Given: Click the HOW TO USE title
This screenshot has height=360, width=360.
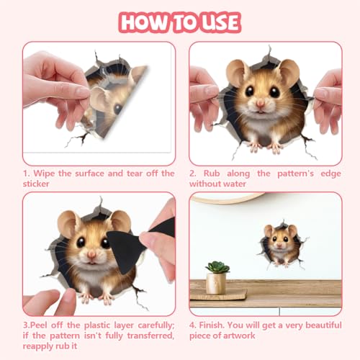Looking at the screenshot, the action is pos(180,22).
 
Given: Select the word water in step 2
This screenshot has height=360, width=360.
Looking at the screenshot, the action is pos(235,184).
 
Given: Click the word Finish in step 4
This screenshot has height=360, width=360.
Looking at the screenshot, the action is pos(212,325).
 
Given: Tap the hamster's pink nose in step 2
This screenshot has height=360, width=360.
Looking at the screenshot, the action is pos(261,104).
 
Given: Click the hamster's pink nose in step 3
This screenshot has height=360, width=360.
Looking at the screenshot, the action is pos(91,254).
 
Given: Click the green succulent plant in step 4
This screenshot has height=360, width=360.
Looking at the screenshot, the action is pos(217,267).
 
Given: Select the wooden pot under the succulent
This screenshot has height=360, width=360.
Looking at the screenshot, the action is pos(216,284).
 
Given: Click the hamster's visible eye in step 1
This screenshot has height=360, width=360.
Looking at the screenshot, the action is pos(117,109).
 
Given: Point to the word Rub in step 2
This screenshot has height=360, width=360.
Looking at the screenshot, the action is pos(212,174).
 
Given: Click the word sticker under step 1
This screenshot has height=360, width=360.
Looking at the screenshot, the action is pos(36,184).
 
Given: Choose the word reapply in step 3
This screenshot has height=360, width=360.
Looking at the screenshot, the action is pos(38,346).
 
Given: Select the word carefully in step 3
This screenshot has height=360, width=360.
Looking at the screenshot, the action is pos(156,325).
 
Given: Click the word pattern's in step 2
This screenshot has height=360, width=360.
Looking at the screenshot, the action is pos(295,174).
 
